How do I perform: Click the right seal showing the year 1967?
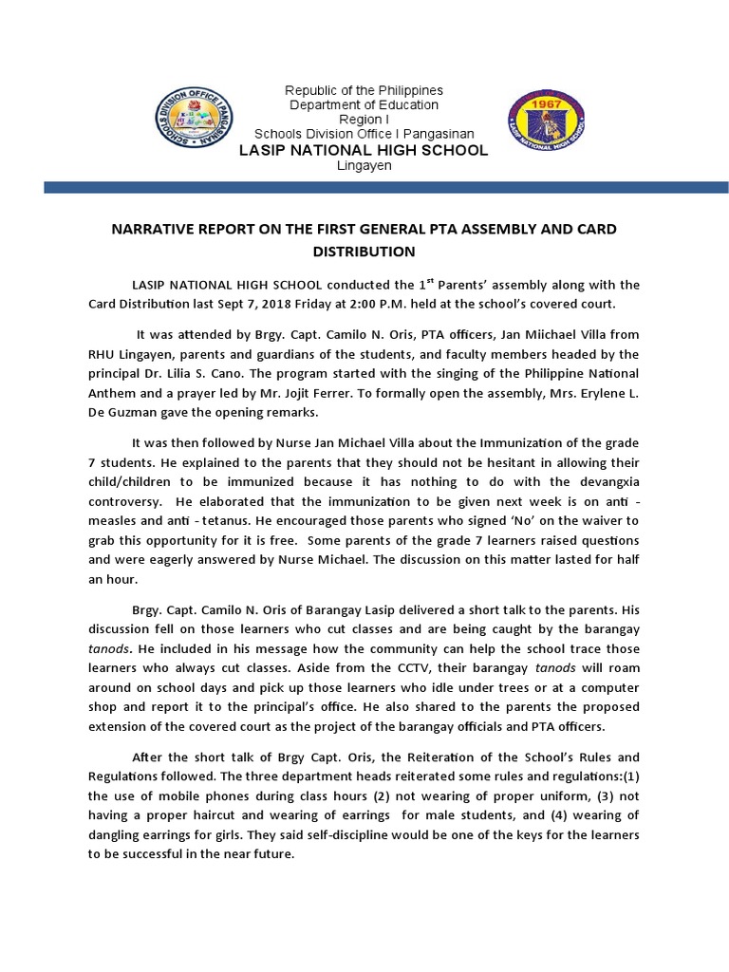coord(541,123)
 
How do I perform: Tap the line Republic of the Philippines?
coord(364,90)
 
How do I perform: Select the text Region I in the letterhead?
coord(364,120)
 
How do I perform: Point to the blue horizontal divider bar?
coord(364,189)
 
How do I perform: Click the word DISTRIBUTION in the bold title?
coord(364,252)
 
